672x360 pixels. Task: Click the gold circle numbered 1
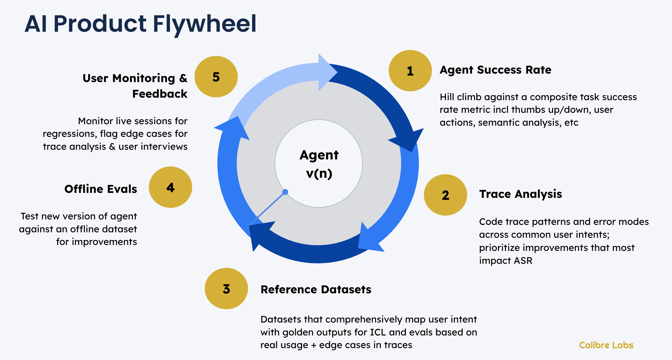[410, 71]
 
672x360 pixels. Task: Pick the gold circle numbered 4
[170, 187]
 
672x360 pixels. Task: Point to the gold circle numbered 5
[216, 77]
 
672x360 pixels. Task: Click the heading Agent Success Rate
[495, 70]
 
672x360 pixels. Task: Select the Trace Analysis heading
[520, 194]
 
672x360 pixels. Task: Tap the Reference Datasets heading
[316, 289]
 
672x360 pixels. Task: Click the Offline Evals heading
[101, 189]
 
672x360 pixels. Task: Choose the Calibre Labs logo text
[606, 345]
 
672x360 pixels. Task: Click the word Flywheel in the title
[204, 24]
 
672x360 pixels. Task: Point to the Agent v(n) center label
[319, 164]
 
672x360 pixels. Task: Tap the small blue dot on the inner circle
[285, 192]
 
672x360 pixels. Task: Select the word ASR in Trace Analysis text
[523, 261]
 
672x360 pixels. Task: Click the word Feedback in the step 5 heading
[160, 94]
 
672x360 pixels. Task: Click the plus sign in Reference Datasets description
[313, 345]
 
